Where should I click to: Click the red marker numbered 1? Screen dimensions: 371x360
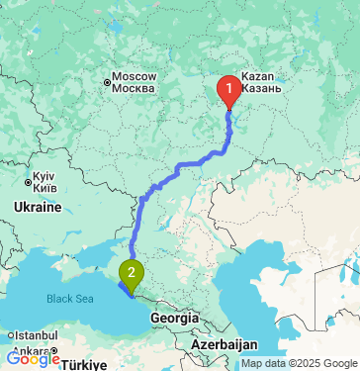pos(229,91)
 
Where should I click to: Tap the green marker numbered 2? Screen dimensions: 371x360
pos(131,270)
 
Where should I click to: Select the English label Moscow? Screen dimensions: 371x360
pos(135,76)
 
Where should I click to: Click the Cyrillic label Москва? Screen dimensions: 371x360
pos(134,89)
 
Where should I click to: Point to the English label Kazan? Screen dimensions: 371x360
pos(256,76)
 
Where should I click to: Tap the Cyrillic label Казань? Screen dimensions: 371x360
pos(261,89)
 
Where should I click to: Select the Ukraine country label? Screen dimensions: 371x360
pos(38,208)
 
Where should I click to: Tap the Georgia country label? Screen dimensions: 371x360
pos(172,318)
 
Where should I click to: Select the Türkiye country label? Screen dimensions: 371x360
pos(86,364)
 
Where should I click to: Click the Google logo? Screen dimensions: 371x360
pos(33,360)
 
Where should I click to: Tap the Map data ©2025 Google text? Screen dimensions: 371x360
pos(299,363)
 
